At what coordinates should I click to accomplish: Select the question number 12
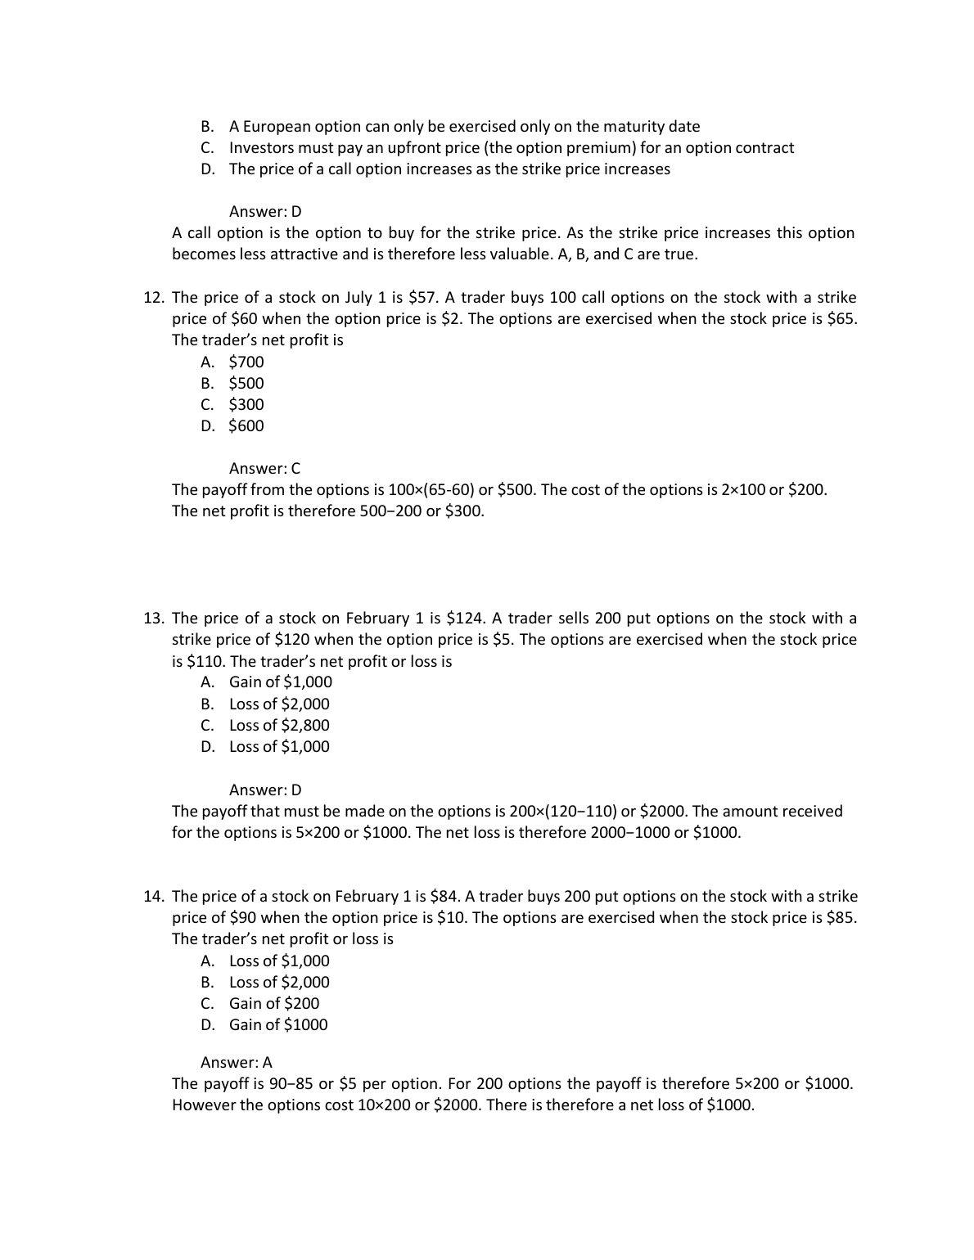(x=154, y=298)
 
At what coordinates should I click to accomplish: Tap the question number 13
(x=154, y=619)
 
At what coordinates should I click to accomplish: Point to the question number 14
(x=154, y=897)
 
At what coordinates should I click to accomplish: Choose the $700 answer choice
(x=246, y=362)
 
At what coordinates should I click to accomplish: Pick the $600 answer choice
(x=246, y=426)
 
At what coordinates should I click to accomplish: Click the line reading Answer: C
(x=264, y=469)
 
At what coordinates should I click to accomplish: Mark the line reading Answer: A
(x=237, y=1063)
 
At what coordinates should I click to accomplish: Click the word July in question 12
(x=356, y=298)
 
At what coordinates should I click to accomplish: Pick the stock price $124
(x=467, y=619)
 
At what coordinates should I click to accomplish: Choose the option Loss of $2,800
(x=279, y=726)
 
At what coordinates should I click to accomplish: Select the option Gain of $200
(x=274, y=1004)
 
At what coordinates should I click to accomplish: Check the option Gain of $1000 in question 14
(x=278, y=1025)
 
